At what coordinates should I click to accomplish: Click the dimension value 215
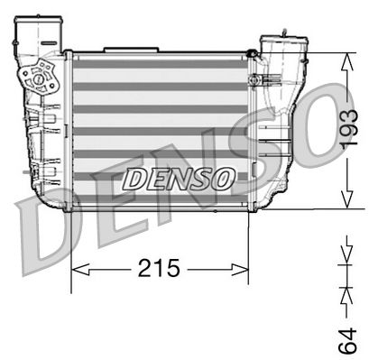(160, 268)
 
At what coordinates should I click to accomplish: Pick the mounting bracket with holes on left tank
(41, 78)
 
